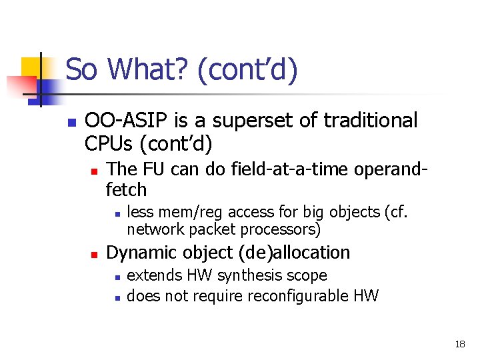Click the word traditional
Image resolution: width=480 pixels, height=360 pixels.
point(370,121)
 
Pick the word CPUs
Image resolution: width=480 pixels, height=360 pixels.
point(107,143)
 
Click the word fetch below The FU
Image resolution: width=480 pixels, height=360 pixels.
point(126,190)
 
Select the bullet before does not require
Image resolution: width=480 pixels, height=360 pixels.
point(116,297)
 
